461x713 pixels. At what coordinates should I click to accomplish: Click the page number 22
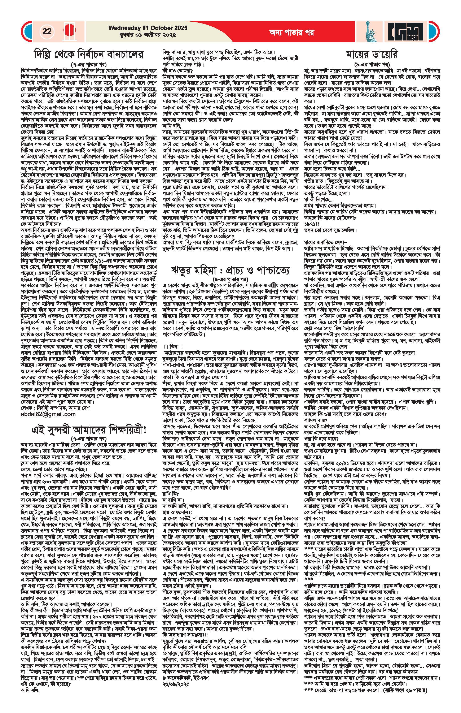coord(47,31)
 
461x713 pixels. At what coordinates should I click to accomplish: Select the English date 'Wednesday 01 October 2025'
coord(148,28)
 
